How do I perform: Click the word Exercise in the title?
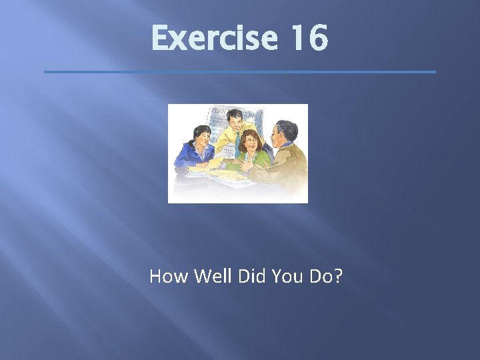click(x=213, y=38)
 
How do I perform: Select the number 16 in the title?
click(x=309, y=38)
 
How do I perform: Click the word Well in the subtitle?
click(x=209, y=276)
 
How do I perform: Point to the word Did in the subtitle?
click(x=249, y=276)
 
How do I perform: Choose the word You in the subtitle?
click(x=285, y=276)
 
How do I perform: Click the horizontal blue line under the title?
click(x=239, y=71)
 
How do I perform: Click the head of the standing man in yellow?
click(x=234, y=121)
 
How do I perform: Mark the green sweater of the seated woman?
click(x=257, y=160)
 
